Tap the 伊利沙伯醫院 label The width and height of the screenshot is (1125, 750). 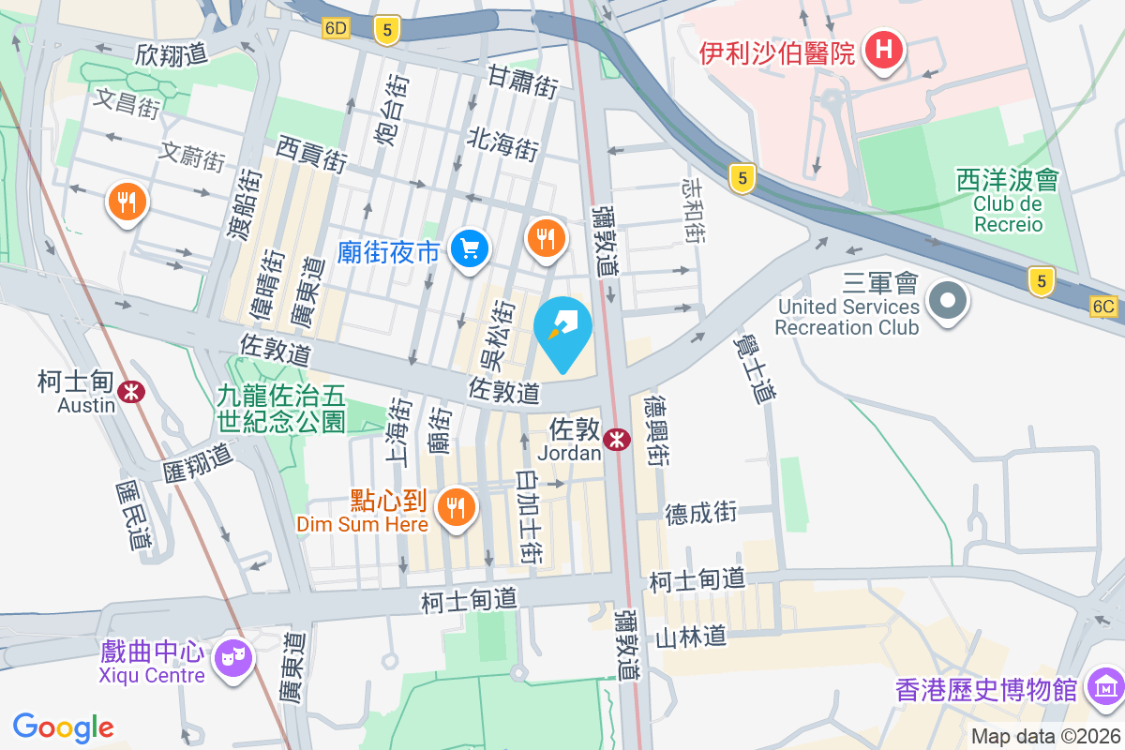pos(777,52)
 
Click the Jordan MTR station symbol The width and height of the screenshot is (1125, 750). pos(616,440)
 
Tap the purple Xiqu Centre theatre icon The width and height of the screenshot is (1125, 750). pos(230,655)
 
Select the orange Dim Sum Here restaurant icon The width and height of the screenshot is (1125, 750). pos(457,507)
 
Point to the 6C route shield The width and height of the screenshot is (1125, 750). pos(1104,306)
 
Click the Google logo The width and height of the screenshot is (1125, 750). pos(63,727)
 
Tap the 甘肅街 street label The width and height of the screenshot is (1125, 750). pos(522,82)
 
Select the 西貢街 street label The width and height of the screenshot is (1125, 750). pos(310,153)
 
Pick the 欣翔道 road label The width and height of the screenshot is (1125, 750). pos(170,53)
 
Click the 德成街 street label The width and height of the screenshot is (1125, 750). pos(701,513)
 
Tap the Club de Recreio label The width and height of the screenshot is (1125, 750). pos(1008,214)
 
